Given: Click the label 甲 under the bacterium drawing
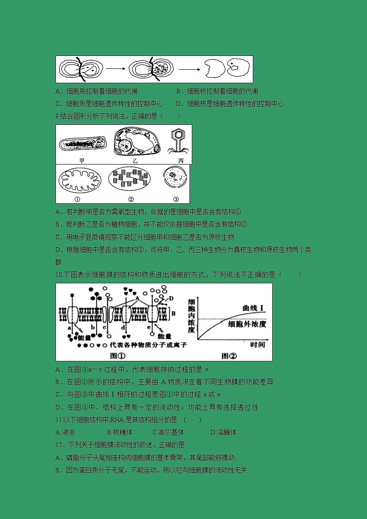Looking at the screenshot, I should pos(82,160).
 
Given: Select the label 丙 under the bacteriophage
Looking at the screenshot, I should pos(181,160).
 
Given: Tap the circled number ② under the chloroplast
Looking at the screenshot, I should pos(131,199).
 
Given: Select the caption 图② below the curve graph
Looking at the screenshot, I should pos(229,355).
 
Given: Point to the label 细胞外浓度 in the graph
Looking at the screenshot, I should pos(247,324).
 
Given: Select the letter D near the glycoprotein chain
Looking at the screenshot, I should pos(171,298).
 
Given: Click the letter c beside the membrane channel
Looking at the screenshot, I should pos(105,327).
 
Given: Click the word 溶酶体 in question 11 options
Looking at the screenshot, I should pos(226,432).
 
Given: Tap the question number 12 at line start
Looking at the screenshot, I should pos(59,445).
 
